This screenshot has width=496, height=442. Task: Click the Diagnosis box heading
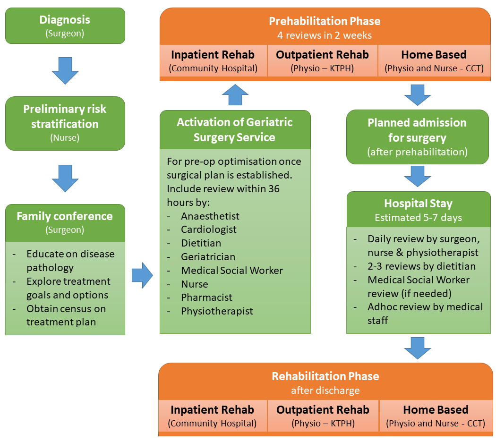coord(65,20)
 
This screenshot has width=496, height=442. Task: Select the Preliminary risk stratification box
coord(65,123)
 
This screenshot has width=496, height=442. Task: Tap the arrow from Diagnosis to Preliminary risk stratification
coord(65,70)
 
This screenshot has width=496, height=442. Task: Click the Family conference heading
coord(65,217)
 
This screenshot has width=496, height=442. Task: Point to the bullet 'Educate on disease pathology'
coord(70,261)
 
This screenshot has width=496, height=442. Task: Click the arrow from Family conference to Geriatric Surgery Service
coord(142,275)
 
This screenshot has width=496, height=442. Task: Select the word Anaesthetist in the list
coord(210,216)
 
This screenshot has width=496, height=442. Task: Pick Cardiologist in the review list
coord(209,229)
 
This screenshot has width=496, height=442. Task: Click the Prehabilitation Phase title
coord(325,21)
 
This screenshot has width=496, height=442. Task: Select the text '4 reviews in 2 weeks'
coord(325,35)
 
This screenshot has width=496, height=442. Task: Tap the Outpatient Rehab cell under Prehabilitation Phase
coord(322,61)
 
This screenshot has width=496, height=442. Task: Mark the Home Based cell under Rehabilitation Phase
coord(436,416)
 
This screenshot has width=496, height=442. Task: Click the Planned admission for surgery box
coord(417,137)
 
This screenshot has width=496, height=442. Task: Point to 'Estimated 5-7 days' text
coord(418,218)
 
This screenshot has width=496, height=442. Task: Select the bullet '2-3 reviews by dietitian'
coord(421,266)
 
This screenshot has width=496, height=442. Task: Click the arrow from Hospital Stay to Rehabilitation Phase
coord(418,348)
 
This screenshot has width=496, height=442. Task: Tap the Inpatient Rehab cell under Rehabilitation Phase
coord(212,416)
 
